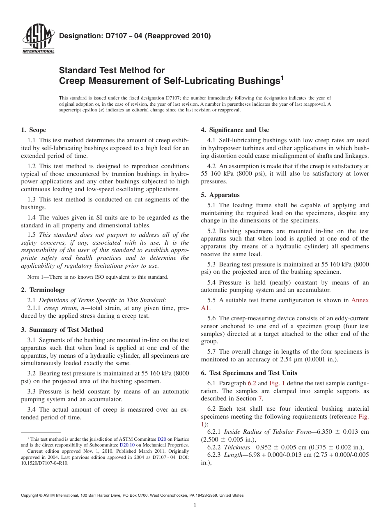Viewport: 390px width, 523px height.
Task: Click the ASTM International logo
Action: click(x=38, y=40)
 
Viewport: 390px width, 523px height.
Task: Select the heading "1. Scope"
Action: click(x=33, y=130)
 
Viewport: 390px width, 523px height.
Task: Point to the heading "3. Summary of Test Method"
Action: click(x=62, y=330)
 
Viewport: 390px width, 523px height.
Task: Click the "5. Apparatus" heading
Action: click(x=220, y=195)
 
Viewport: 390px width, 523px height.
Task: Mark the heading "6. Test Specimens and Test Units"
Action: click(x=249, y=373)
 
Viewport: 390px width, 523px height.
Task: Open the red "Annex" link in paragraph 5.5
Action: click(x=360, y=300)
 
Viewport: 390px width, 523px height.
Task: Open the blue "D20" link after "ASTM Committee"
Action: click(x=162, y=439)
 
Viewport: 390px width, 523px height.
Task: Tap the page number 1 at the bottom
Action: click(x=195, y=505)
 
